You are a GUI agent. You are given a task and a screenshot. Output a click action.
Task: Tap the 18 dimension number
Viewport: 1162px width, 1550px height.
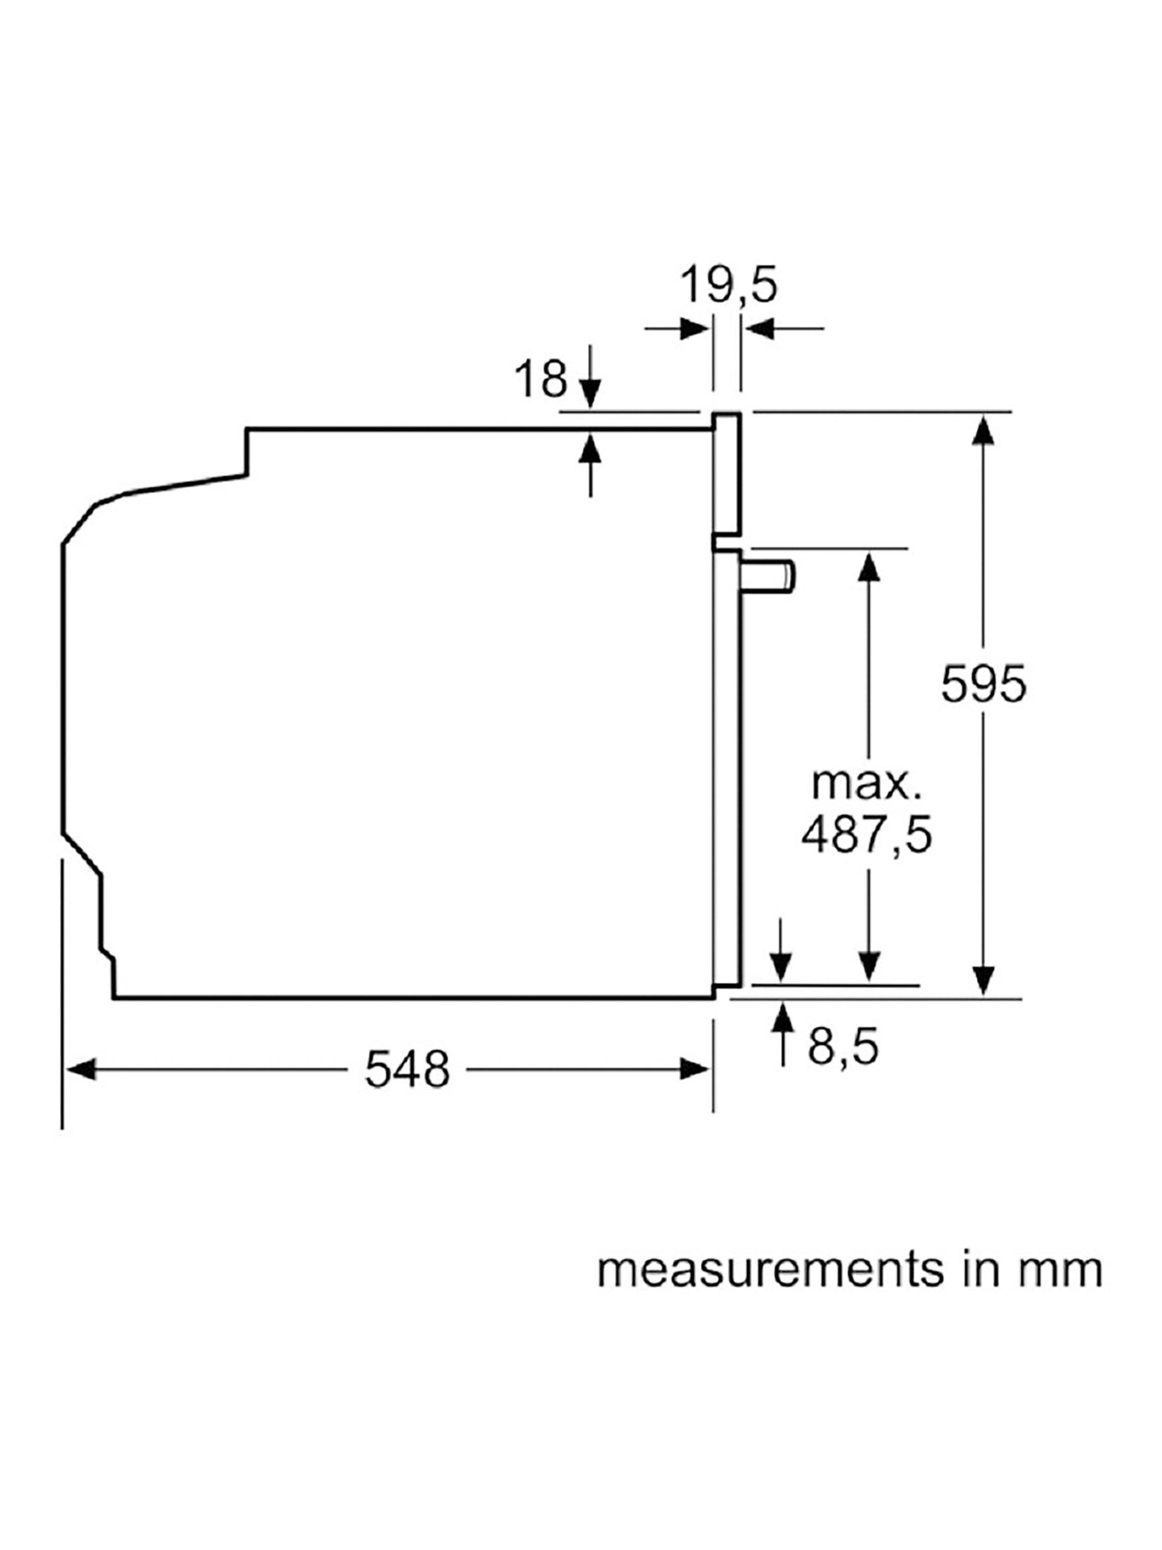click(541, 379)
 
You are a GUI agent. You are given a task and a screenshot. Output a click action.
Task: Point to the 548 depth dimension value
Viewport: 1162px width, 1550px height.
click(407, 1070)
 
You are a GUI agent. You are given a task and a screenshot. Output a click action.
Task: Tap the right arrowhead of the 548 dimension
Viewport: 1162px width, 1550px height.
click(695, 1070)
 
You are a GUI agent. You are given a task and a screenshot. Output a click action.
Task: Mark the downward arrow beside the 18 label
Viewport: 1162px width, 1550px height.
click(590, 376)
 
